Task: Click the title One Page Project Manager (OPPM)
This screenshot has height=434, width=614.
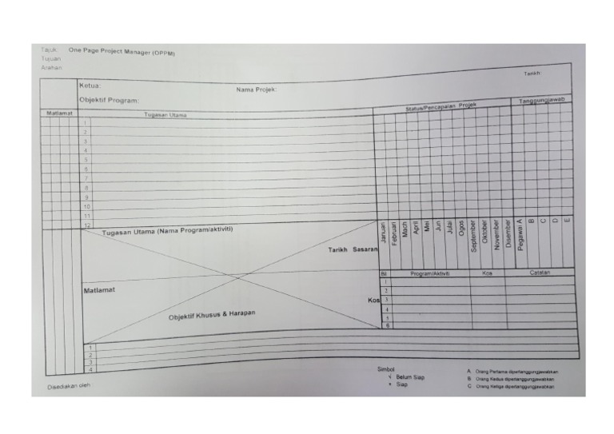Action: [x=122, y=52]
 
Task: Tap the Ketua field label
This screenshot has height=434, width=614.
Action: [x=90, y=85]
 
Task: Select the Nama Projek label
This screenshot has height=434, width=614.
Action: [x=256, y=90]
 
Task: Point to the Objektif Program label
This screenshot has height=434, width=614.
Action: [x=109, y=100]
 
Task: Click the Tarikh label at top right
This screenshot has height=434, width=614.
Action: [x=532, y=73]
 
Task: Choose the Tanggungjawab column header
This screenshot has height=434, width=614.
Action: [x=542, y=101]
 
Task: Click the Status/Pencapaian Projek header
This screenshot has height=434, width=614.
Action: [x=440, y=107]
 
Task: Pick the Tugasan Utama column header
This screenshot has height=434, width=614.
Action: [x=165, y=115]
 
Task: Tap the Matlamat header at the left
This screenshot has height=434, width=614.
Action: [x=59, y=113]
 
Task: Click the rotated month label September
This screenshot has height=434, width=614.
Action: [x=473, y=237]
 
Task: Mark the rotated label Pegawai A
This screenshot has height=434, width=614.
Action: [x=520, y=235]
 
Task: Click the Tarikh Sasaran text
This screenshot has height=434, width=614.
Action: [x=352, y=250]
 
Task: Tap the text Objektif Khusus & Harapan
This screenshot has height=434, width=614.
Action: [x=212, y=315]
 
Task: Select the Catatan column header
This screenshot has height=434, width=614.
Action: [x=540, y=273]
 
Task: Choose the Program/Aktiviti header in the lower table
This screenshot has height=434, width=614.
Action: [x=430, y=273]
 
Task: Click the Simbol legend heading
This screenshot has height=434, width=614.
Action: [x=385, y=369]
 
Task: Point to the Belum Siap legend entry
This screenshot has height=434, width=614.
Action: [x=409, y=376]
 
